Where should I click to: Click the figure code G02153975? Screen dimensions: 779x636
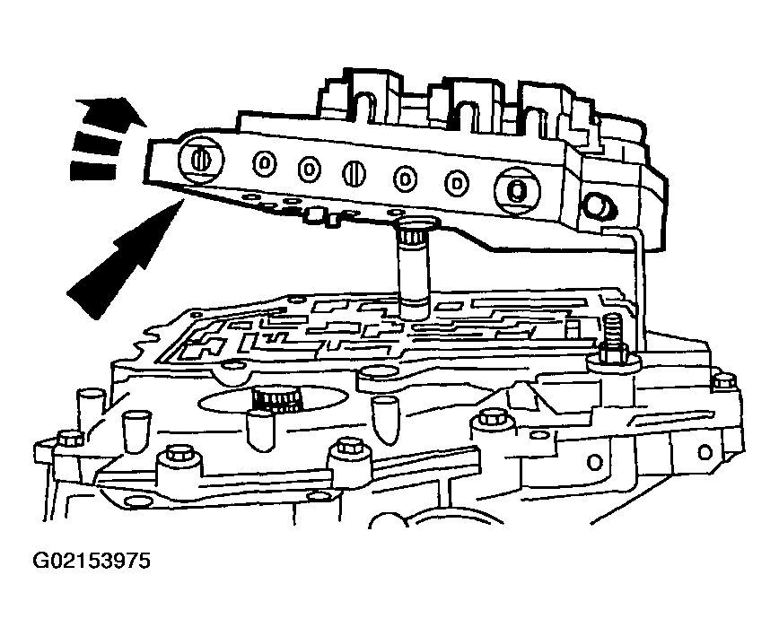92,561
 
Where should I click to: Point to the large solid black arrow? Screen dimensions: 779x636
122,259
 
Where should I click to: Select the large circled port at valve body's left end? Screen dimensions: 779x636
201,161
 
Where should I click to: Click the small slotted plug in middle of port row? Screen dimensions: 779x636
354,174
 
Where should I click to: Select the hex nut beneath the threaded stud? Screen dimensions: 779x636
612,356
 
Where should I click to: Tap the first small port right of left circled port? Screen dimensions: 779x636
265,163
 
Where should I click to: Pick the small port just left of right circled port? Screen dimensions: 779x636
457,183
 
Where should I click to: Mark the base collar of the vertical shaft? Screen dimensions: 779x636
415,309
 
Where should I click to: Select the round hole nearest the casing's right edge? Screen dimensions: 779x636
705,452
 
